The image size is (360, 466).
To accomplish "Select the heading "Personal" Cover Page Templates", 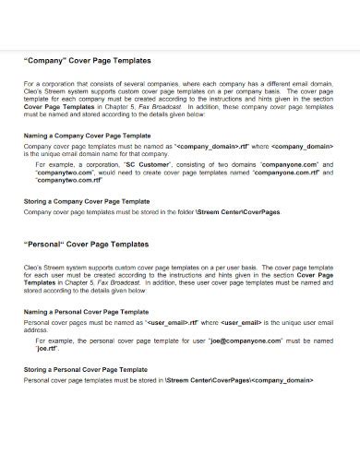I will point(84,245).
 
